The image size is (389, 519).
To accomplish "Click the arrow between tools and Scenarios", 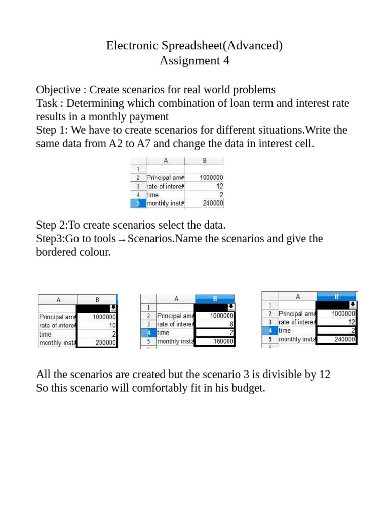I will pos(122,239).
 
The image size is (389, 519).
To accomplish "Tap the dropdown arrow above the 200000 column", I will pos(113,307).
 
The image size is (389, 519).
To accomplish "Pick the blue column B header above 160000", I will pos(215,299).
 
